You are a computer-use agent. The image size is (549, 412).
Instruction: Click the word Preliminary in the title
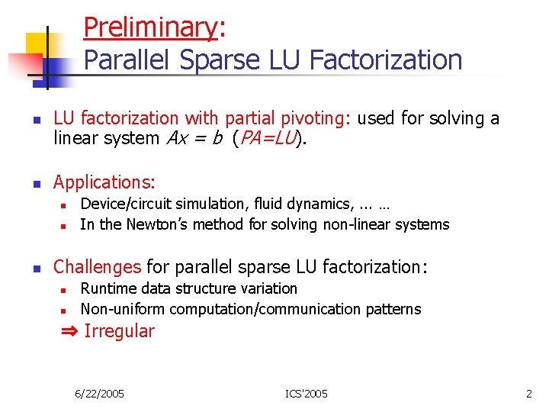(150, 27)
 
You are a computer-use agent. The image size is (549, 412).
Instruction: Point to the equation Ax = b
(194, 139)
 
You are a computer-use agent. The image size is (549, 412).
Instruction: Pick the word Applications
(104, 182)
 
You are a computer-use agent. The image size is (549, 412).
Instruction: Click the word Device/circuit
(127, 204)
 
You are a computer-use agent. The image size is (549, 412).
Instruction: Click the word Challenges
(97, 267)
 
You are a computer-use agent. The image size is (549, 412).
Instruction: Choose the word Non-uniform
(122, 309)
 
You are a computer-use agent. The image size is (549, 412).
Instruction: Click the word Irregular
(119, 331)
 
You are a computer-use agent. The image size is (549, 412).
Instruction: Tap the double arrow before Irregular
(69, 331)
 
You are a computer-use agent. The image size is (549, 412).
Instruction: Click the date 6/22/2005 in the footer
(100, 394)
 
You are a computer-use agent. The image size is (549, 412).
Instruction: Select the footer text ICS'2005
(307, 394)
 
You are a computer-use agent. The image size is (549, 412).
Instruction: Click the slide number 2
(528, 394)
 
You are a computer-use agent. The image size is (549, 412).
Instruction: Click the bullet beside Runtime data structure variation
(65, 290)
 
